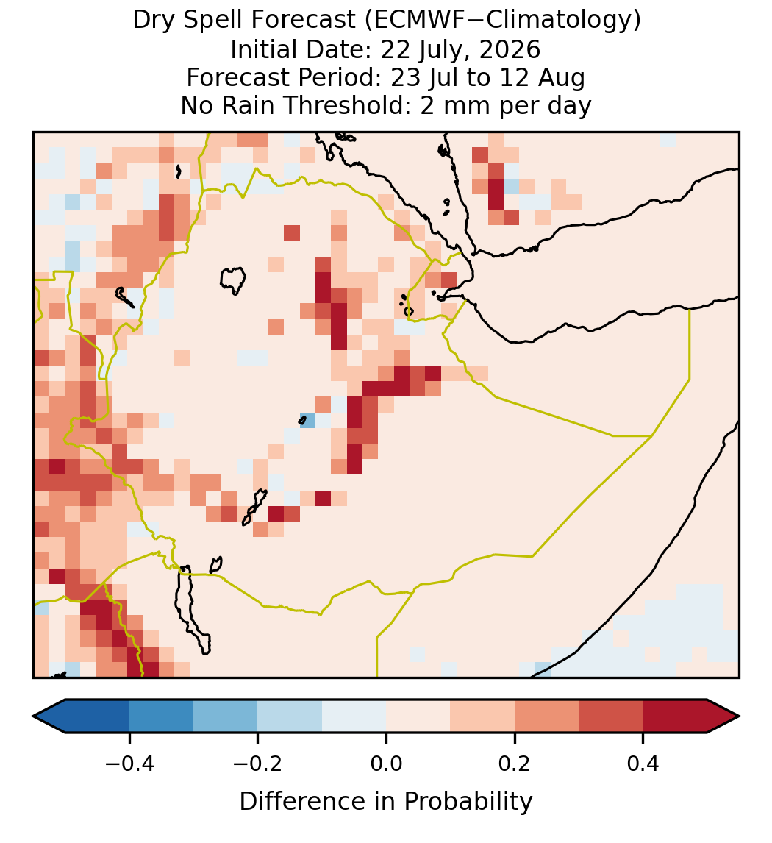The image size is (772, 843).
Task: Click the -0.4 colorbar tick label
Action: (129, 764)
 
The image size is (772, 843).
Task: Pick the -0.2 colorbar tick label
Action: (257, 764)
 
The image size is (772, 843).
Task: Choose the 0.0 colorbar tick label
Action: (386, 764)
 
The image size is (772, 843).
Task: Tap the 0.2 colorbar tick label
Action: (515, 764)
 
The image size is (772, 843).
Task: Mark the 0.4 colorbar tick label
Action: (643, 764)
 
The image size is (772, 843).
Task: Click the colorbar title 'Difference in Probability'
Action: (386, 802)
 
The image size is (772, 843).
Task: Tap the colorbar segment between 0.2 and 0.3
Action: (546, 716)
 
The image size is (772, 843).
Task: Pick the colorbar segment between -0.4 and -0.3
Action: (161, 716)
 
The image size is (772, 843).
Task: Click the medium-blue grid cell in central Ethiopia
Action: (308, 420)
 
